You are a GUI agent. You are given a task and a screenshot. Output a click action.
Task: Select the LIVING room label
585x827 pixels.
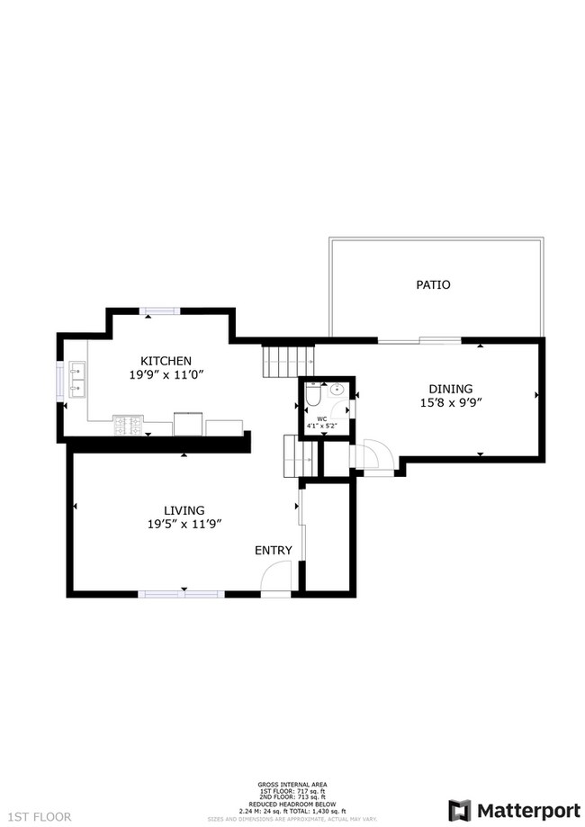tap(184, 509)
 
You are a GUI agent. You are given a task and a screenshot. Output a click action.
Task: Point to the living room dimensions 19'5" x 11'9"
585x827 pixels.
tap(184, 524)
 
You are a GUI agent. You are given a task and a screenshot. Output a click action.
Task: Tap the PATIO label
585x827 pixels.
tap(432, 284)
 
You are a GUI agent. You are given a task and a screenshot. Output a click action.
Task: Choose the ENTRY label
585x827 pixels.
tap(273, 551)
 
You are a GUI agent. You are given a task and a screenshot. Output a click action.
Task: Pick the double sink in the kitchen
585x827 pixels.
tap(76, 380)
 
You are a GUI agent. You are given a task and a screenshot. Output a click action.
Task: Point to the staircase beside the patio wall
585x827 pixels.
tap(278, 362)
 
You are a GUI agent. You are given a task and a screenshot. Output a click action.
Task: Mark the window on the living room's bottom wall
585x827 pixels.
tap(180, 594)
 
